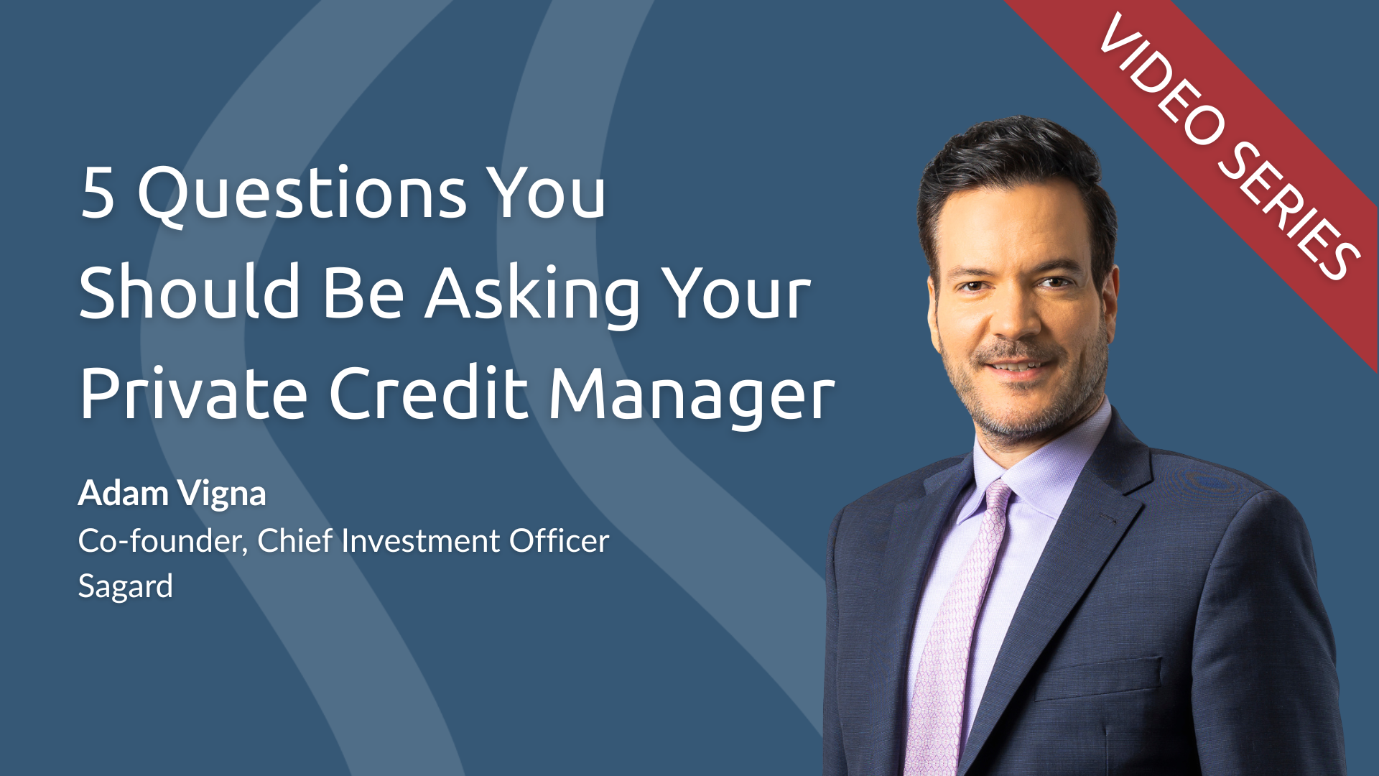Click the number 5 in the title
tap(98, 192)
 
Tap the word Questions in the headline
tap(302, 193)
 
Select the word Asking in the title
tap(532, 295)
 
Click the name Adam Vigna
tap(172, 494)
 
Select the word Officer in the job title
tap(560, 540)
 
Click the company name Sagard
tap(125, 587)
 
